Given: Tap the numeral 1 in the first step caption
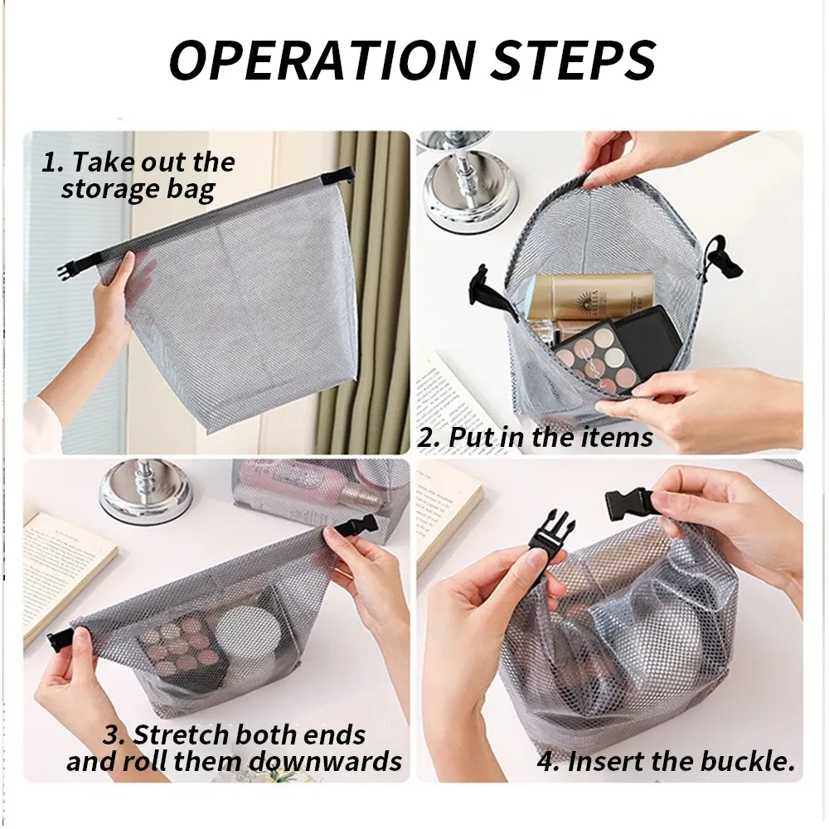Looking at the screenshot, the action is tap(51, 162).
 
